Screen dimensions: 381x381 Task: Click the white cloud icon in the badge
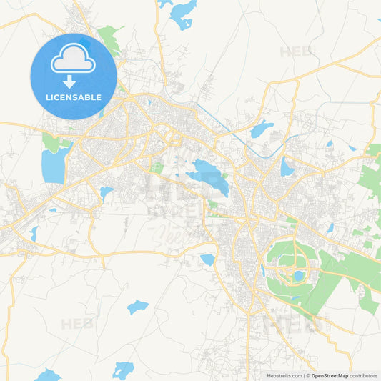coord(73,59)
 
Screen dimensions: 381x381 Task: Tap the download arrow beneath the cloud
coord(70,81)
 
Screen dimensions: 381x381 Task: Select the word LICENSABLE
coord(73,97)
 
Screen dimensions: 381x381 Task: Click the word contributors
coord(365,375)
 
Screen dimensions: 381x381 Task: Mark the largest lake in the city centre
coord(208,176)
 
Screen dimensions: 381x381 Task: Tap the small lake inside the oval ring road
coord(299,275)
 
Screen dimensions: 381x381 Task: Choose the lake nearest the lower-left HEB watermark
coord(137,307)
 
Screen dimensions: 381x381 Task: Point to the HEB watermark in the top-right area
coord(296,51)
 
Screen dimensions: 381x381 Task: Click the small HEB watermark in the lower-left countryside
coord(76,324)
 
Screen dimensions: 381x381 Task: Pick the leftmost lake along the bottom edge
coord(47,375)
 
